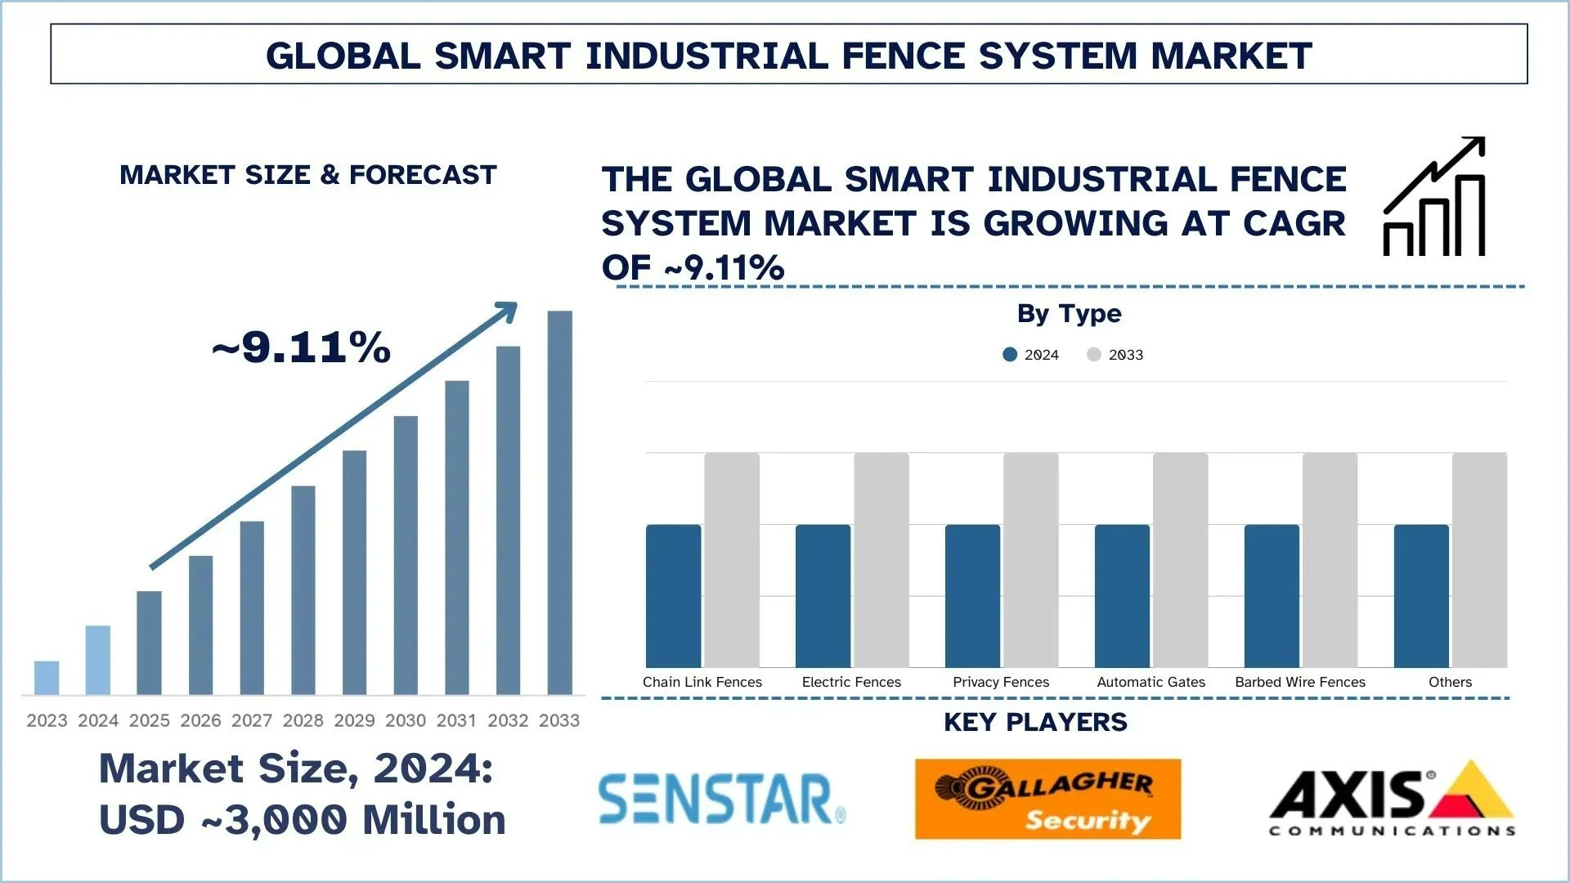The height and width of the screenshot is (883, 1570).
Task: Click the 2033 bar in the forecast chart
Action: (559, 502)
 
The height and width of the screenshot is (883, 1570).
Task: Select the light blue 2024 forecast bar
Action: (98, 660)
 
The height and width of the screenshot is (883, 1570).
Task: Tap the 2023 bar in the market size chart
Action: (47, 678)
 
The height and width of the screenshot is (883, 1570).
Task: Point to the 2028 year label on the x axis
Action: (303, 720)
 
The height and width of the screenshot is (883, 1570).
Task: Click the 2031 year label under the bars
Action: (456, 720)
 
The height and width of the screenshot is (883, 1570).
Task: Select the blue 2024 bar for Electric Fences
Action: (823, 596)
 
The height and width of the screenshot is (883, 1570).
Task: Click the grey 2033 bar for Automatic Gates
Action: (1180, 560)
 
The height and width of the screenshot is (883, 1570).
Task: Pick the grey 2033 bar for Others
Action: (1479, 560)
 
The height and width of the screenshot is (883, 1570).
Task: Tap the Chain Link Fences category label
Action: (702, 682)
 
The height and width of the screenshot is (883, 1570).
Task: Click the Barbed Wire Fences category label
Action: (1300, 682)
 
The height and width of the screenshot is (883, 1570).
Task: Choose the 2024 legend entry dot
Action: (1010, 354)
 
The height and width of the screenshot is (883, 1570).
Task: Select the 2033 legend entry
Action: (1116, 354)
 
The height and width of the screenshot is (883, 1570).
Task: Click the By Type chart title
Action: (1069, 313)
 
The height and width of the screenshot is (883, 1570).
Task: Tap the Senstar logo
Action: (721, 799)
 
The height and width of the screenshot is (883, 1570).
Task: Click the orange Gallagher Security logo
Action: (1047, 799)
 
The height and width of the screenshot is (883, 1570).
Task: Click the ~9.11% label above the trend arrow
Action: (302, 347)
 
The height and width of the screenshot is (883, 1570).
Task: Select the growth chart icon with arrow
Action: (1434, 197)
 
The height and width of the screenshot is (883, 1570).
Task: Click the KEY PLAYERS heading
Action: (1035, 722)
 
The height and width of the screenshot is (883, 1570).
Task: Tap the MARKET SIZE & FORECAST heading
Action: (308, 175)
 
